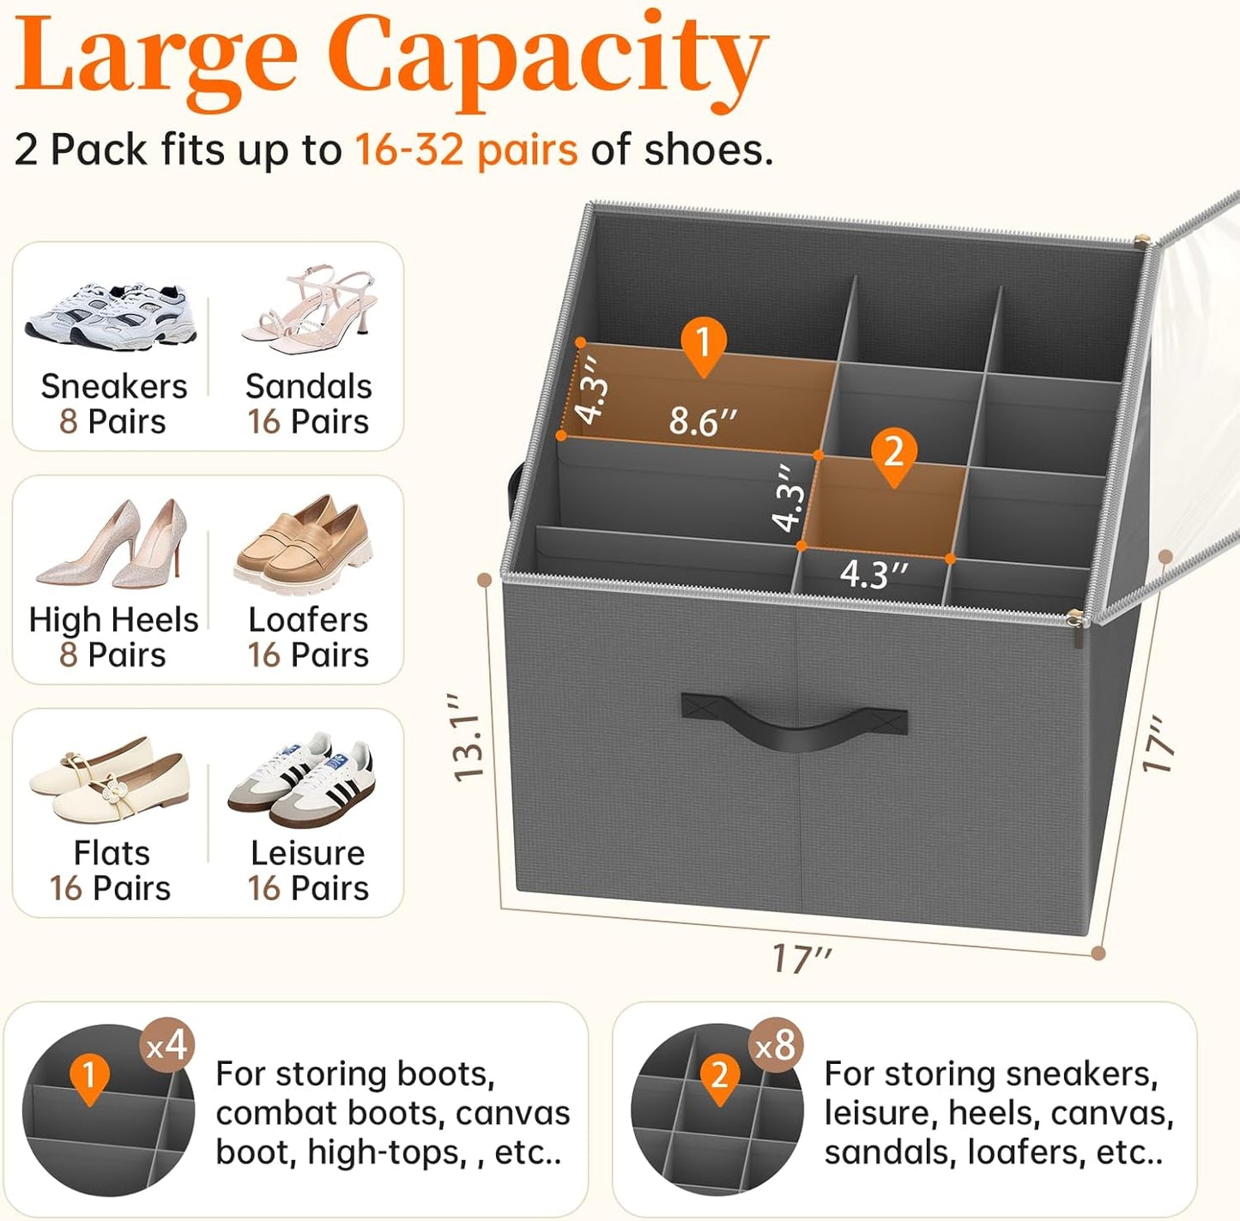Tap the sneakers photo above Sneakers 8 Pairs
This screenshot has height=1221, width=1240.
tap(112, 315)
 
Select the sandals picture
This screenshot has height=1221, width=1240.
tap(310, 311)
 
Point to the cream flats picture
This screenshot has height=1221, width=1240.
tap(109, 779)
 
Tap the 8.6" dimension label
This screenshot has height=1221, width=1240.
tap(703, 421)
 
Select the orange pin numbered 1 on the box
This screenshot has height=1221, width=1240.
tap(704, 344)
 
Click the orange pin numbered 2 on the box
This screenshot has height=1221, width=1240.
tap(893, 453)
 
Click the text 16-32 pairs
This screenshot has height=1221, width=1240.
tap(466, 150)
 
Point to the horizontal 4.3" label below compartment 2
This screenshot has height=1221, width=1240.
tap(873, 574)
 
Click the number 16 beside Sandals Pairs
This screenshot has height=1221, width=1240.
tap(263, 422)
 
